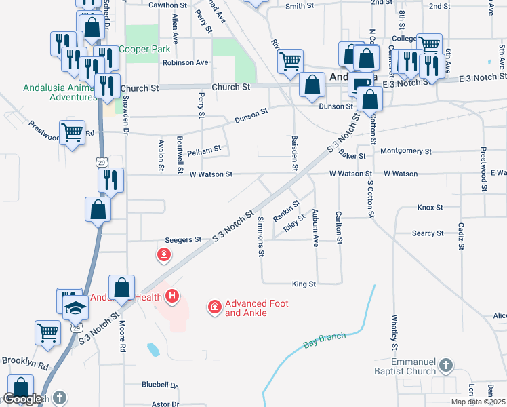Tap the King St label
tap(304, 284)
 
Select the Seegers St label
tap(184, 240)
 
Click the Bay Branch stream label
tap(325, 341)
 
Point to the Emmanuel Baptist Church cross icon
tap(446, 366)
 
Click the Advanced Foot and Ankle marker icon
tap(215, 308)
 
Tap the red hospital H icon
tap(173, 296)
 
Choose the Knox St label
tap(430, 208)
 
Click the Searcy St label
tap(428, 233)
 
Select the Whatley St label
tap(394, 332)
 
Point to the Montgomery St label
tap(407, 151)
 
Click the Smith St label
tap(300, 6)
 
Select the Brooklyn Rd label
tap(25, 364)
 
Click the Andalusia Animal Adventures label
tap(60, 92)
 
